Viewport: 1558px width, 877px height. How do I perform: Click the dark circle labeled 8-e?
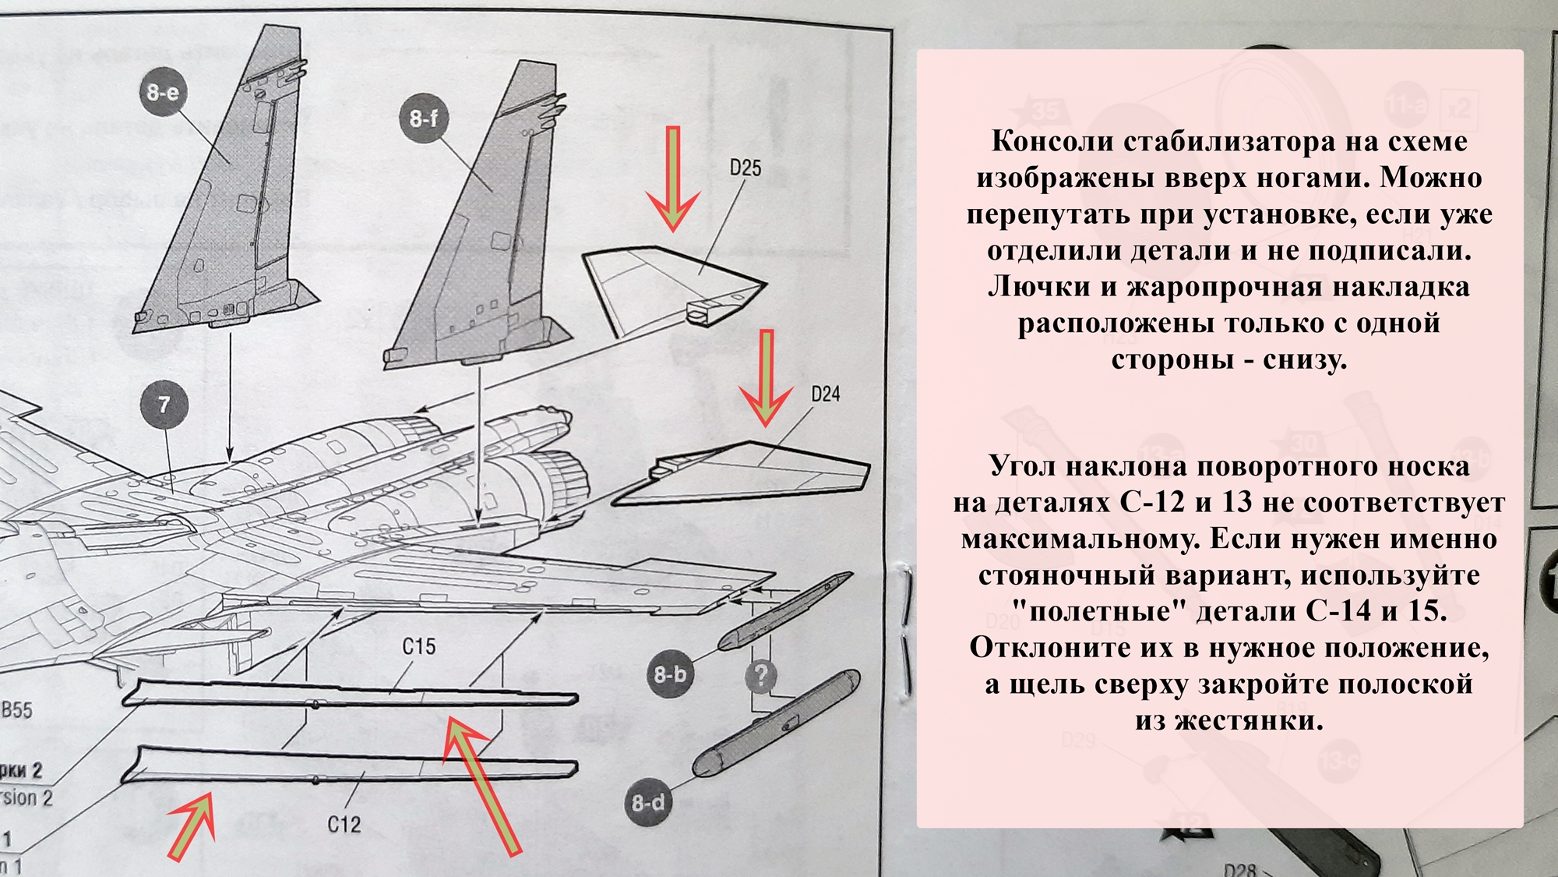163,93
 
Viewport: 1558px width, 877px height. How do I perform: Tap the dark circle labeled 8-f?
424,118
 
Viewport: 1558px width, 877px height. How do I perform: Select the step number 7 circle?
164,405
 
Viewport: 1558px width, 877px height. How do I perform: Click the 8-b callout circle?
670,674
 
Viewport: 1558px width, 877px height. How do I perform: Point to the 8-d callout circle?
648,802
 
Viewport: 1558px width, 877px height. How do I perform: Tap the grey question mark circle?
761,675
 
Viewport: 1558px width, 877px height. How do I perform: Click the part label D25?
745,168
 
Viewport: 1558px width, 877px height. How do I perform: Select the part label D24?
825,394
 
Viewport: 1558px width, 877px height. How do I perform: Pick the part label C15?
418,646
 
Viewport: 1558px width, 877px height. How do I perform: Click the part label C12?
344,824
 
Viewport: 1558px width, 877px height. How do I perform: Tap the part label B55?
16,709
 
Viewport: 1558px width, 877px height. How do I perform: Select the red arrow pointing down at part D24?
766,377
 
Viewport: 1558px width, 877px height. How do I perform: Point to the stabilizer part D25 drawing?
670,285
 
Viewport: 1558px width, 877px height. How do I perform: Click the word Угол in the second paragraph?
1022,466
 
